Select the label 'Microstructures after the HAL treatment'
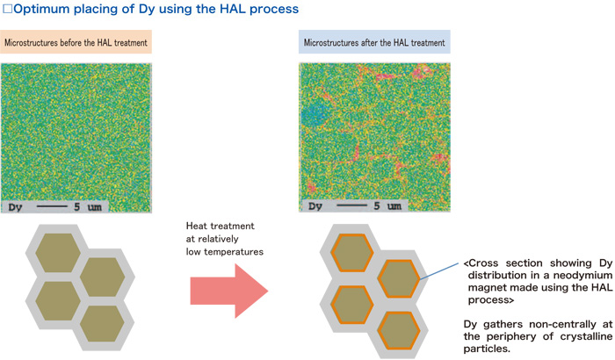tap(374, 43)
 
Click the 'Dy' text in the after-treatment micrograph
tap(315, 207)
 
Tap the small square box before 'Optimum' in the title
tap(7, 10)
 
